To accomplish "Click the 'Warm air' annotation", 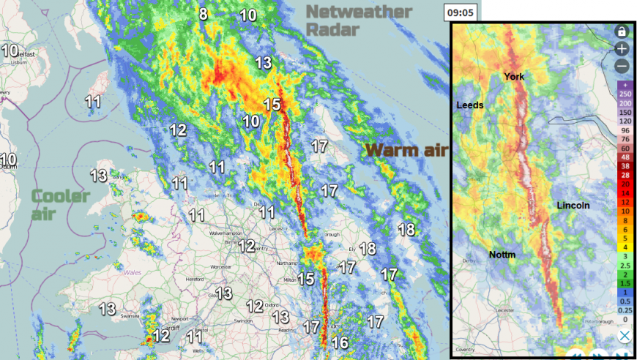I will point(406,151).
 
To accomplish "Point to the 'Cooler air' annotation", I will point(60,204).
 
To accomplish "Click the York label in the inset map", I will point(514,77).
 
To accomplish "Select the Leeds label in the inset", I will point(470,105).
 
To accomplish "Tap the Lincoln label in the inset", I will point(573,206).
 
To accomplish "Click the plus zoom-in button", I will point(622,49).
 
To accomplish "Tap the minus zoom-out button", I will point(622,66).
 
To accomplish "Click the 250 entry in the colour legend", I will point(625,94).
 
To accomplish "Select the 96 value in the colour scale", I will point(625,130).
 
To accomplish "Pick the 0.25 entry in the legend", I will point(625,310).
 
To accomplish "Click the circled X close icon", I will point(625,336).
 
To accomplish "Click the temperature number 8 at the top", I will point(203,14).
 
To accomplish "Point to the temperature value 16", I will point(339,342).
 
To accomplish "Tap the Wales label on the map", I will point(132,271).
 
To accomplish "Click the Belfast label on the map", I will point(25,54).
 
